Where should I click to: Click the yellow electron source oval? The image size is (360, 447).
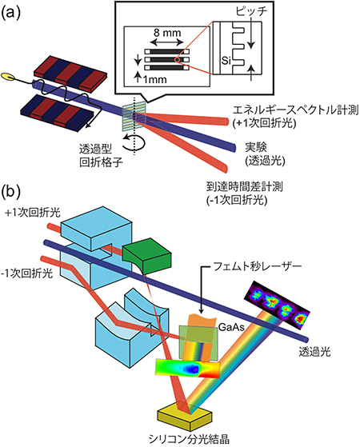(10, 78)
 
